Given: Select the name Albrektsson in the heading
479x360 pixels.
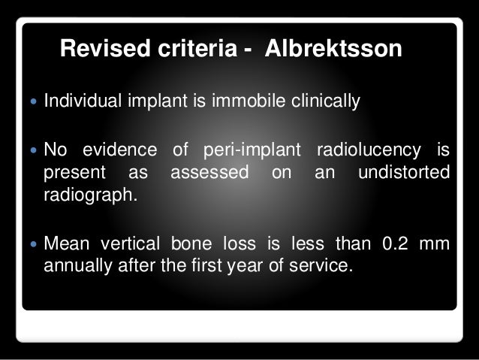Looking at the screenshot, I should click(342, 50).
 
